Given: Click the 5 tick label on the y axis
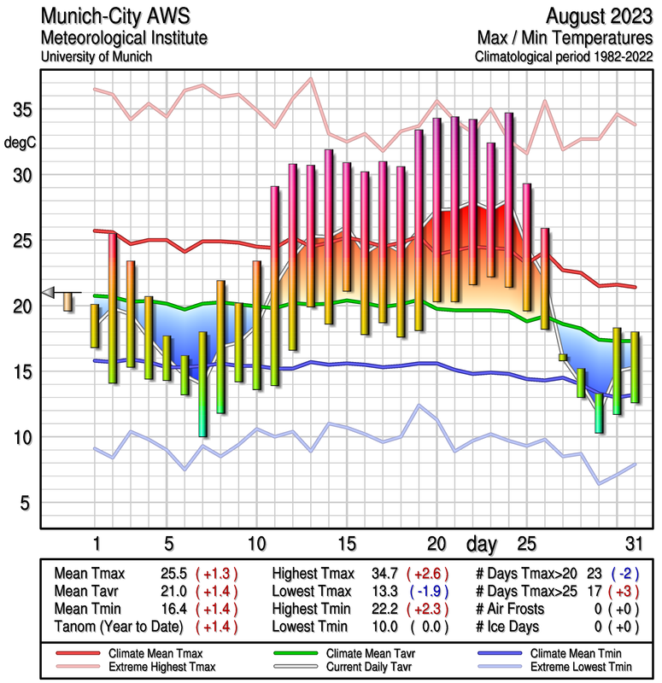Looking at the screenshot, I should pos(24,503).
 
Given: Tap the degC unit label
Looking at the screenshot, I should pos(21,142).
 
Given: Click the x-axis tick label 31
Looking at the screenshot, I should pos(632,544).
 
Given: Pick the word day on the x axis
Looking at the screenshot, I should pos(483,544).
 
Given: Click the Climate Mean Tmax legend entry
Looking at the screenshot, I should pos(152,653).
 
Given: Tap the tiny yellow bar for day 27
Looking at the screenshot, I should pos(563,357).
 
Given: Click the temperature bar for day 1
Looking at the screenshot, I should pos(95,325).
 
